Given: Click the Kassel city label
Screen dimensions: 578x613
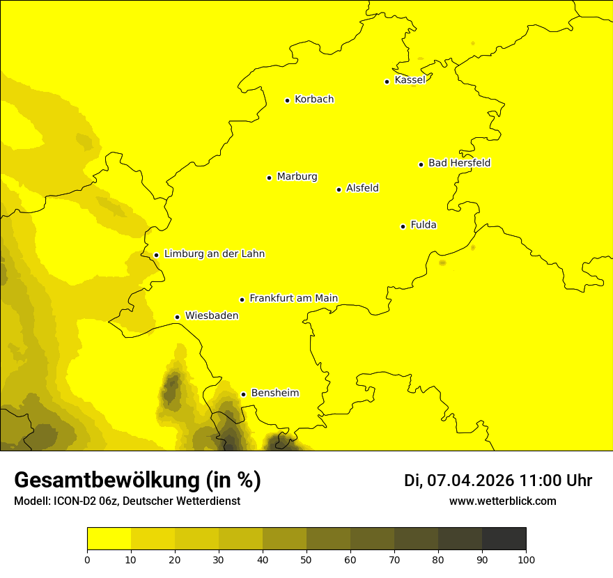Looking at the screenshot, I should tap(410, 80).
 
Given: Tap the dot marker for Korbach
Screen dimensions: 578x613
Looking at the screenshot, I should tap(287, 100).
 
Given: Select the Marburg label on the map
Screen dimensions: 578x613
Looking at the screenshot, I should tap(297, 177).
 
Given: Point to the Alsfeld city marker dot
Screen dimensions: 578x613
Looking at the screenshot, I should tap(339, 189).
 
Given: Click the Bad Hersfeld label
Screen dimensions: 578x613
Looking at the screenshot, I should tap(459, 163).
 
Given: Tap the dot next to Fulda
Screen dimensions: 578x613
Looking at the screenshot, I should tap(403, 226).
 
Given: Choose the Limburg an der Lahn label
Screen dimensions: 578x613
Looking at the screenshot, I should tap(214, 254).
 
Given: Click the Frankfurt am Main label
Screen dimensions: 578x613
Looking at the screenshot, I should tap(293, 298).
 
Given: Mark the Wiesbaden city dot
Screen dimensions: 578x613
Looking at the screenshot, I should tap(178, 317).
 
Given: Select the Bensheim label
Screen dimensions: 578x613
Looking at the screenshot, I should tap(274, 393).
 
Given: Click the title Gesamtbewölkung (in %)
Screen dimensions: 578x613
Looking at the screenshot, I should tap(137, 481).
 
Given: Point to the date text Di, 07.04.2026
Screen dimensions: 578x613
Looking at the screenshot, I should tap(458, 481).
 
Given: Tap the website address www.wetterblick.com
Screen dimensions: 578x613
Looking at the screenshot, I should tap(502, 501).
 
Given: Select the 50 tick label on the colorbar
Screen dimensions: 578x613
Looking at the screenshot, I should tap(306, 559).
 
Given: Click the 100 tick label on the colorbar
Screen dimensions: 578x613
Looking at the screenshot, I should tap(526, 559).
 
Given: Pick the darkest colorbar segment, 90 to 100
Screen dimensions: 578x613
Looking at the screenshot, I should tap(504, 539).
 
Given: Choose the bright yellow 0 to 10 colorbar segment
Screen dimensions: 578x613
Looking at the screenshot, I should tap(109, 539).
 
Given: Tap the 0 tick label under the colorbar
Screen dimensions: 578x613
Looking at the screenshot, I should tap(87, 559).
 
